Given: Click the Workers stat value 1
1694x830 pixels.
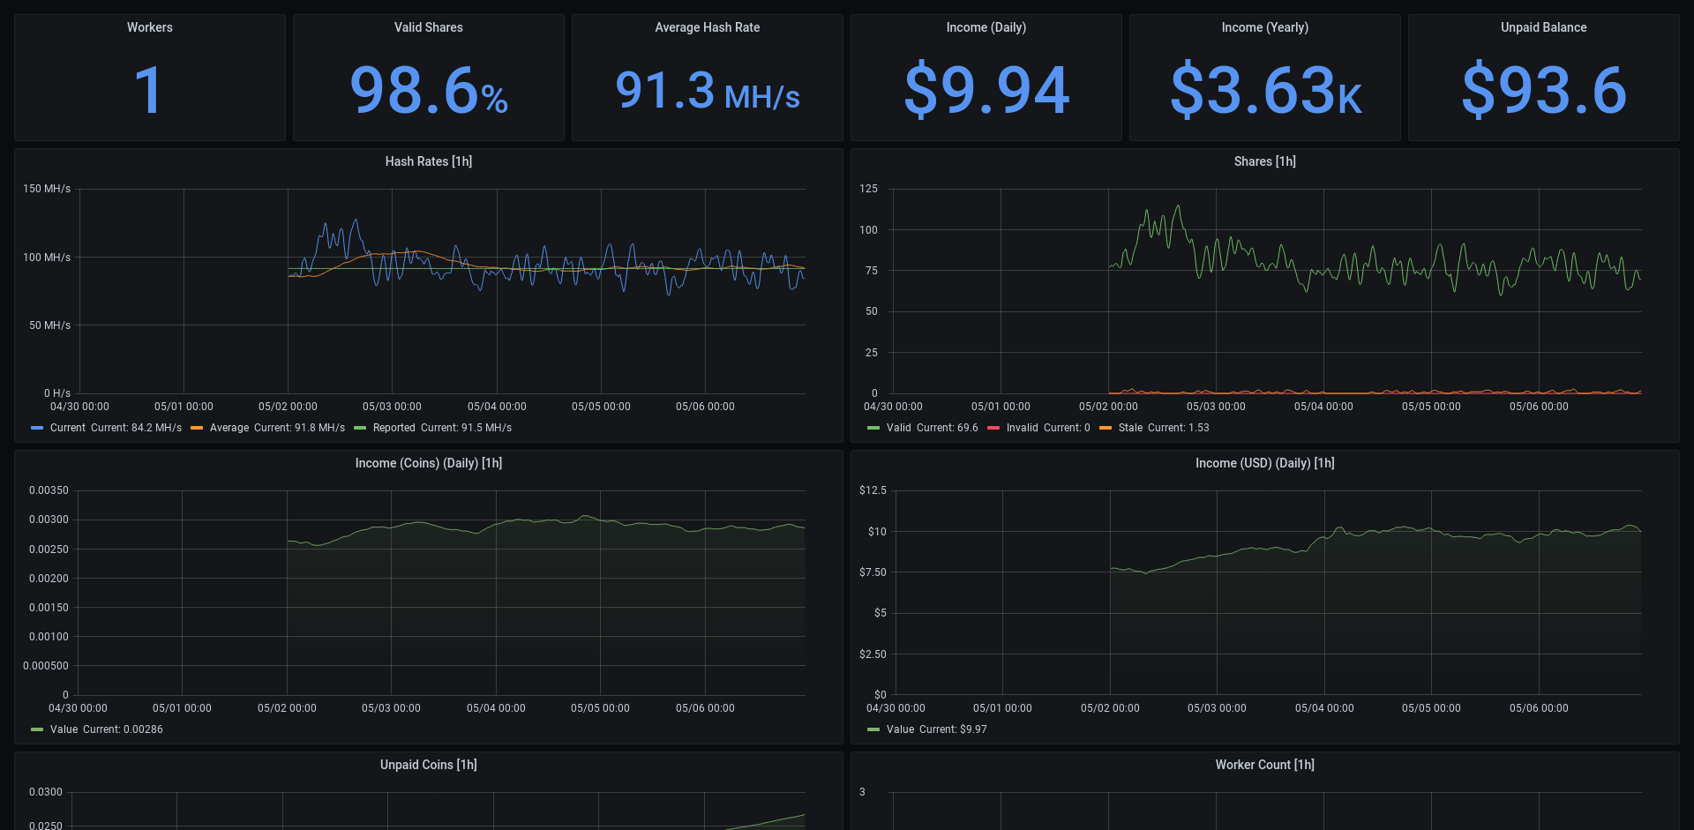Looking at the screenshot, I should click(x=148, y=90).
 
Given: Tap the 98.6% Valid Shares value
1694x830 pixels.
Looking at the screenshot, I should click(x=429, y=90).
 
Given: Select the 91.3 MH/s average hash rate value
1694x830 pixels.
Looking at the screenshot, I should click(x=707, y=92).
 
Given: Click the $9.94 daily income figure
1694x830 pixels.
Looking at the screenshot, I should click(x=986, y=90).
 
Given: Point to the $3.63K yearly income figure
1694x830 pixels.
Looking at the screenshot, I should click(x=1265, y=90).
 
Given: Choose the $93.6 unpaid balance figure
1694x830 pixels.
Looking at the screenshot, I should click(x=1544, y=90).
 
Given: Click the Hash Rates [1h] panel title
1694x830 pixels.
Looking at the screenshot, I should click(x=429, y=161).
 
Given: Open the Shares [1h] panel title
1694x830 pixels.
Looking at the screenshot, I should click(x=1264, y=161).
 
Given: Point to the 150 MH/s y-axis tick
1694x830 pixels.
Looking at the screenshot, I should click(x=47, y=189).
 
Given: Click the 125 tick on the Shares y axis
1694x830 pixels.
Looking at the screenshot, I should click(x=868, y=189).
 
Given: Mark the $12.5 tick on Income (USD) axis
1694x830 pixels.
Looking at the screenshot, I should click(x=873, y=490).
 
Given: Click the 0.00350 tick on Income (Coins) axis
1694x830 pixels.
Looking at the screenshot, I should click(x=49, y=490).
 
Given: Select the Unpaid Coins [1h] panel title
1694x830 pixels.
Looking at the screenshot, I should click(x=429, y=765).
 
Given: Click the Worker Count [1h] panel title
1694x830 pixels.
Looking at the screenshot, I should click(x=1264, y=765).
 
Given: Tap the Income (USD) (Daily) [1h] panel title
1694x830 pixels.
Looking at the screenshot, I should click(x=1264, y=463).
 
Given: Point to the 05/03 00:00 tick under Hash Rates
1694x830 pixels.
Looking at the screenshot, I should click(x=392, y=407).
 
